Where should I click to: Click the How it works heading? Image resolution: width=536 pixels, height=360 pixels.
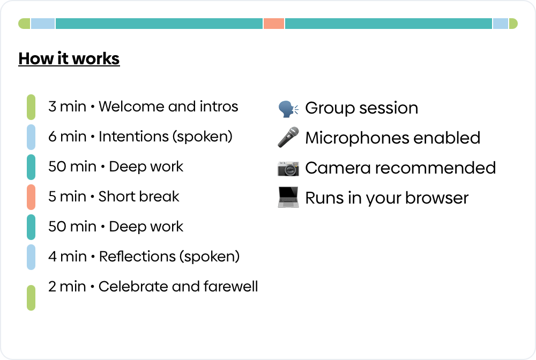(x=69, y=58)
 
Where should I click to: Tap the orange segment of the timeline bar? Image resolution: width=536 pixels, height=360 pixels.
(x=274, y=24)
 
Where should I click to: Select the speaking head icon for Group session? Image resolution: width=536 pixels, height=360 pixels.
(x=288, y=109)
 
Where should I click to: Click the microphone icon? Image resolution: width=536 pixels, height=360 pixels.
(x=288, y=138)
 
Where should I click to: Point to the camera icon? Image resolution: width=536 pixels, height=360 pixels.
(x=288, y=168)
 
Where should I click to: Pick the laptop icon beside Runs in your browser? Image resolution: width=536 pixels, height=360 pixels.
(x=288, y=198)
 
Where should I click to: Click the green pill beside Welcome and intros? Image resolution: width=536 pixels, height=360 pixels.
(x=31, y=107)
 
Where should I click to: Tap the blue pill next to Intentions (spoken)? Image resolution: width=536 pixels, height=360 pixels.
(x=31, y=137)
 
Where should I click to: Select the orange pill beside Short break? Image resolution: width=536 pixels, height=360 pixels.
(x=31, y=197)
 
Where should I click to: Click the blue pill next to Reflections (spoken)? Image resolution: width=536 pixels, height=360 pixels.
(x=31, y=257)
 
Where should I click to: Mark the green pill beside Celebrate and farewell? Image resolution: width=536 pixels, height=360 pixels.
(x=31, y=297)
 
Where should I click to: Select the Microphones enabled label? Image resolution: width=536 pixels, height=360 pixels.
(x=392, y=138)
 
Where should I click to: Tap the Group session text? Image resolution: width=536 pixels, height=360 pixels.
(x=361, y=108)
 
